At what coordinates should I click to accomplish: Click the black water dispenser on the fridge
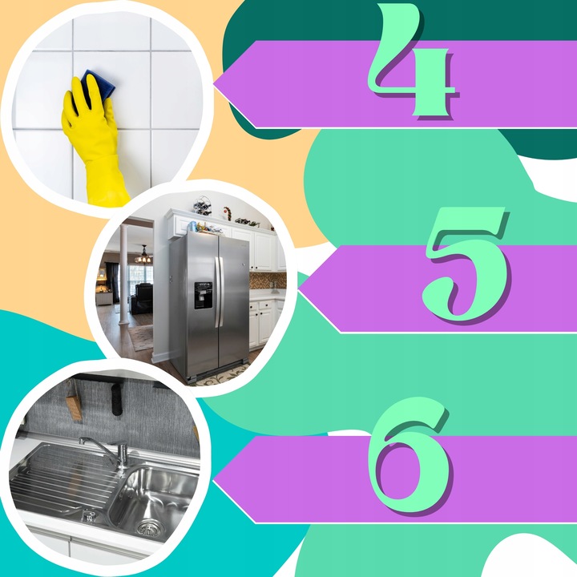[x=203, y=295]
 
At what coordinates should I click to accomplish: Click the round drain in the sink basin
[x=147, y=528]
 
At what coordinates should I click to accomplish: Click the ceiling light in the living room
[x=143, y=256]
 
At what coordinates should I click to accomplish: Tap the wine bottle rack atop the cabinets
[x=203, y=206]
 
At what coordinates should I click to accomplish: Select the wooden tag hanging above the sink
[x=73, y=406]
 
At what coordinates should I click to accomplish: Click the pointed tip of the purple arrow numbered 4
[x=214, y=84]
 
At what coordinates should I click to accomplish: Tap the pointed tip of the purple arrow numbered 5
[x=299, y=289]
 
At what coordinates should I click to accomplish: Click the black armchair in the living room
[x=142, y=298]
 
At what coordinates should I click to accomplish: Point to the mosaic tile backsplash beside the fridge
[x=267, y=280]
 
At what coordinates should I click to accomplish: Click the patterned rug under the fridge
[x=221, y=377]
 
